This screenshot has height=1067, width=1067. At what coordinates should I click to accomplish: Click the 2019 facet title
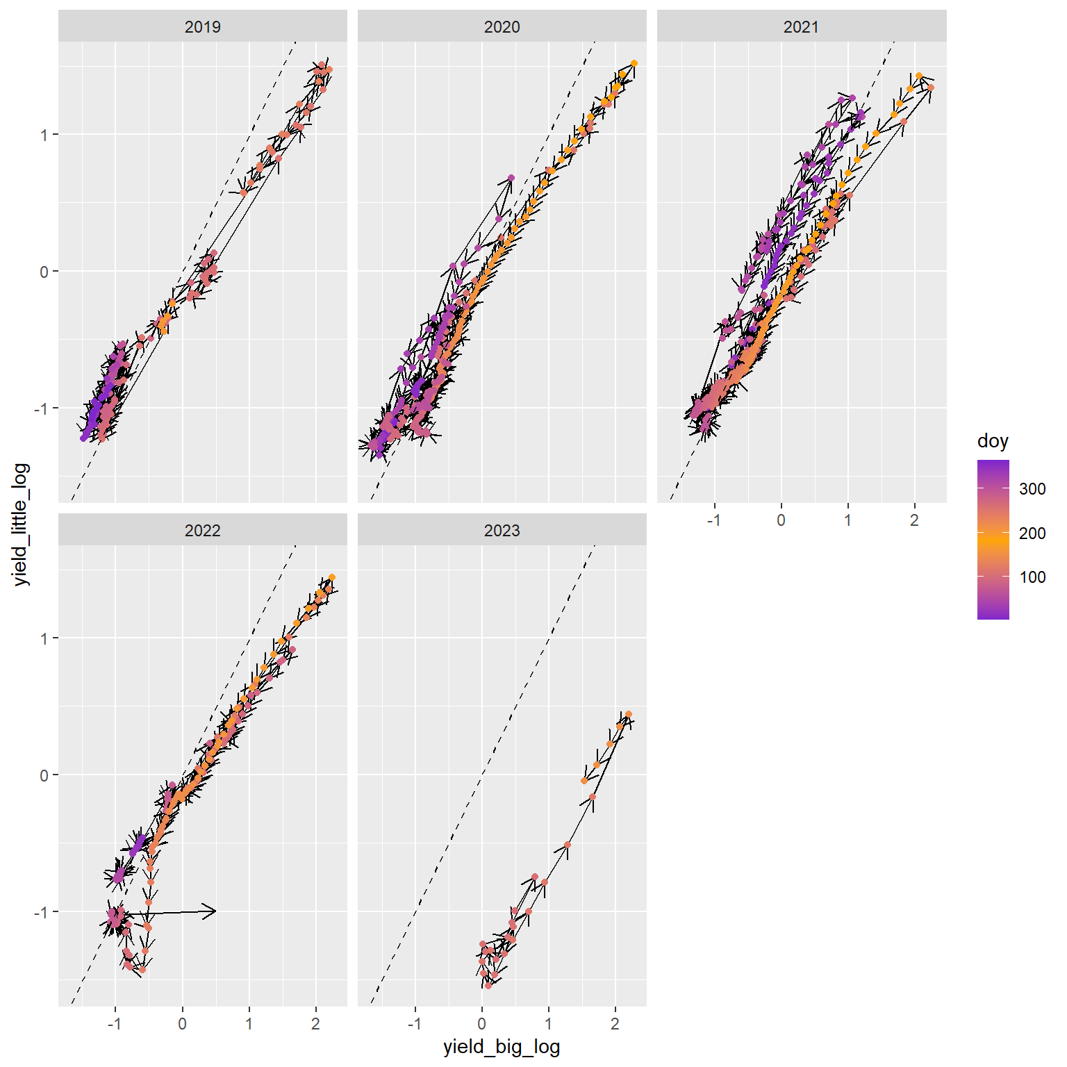(x=202, y=27)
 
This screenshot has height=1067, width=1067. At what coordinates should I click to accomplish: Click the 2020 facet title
(x=502, y=27)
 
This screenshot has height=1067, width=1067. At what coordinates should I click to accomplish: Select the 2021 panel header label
(x=801, y=27)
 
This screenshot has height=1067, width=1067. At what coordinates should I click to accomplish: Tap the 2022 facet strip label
(x=202, y=531)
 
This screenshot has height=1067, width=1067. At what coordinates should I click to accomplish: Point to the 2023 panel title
(x=502, y=531)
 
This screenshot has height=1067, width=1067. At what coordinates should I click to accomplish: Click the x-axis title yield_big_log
(x=502, y=1048)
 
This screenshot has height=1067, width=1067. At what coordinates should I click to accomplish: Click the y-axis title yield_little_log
(x=22, y=524)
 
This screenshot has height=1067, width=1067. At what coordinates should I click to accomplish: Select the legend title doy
(x=993, y=441)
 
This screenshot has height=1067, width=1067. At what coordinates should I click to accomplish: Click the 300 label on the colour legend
(x=1032, y=489)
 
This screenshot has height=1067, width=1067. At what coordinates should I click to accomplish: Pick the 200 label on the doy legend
(x=1032, y=533)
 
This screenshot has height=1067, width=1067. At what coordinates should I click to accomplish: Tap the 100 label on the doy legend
(x=1032, y=577)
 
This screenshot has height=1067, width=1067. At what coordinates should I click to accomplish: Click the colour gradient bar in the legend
(x=993, y=539)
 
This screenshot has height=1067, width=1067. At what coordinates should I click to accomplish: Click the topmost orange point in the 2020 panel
(x=634, y=63)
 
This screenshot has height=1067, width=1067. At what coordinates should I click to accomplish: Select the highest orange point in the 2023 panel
(x=629, y=714)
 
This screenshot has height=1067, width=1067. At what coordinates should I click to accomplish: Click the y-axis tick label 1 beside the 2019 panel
(x=44, y=135)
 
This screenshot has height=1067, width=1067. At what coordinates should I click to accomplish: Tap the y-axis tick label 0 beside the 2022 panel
(x=44, y=775)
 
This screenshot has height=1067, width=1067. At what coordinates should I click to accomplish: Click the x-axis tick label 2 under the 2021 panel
(x=914, y=520)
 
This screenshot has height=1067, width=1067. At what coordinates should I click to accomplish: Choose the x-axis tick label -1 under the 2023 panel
(x=415, y=1024)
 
